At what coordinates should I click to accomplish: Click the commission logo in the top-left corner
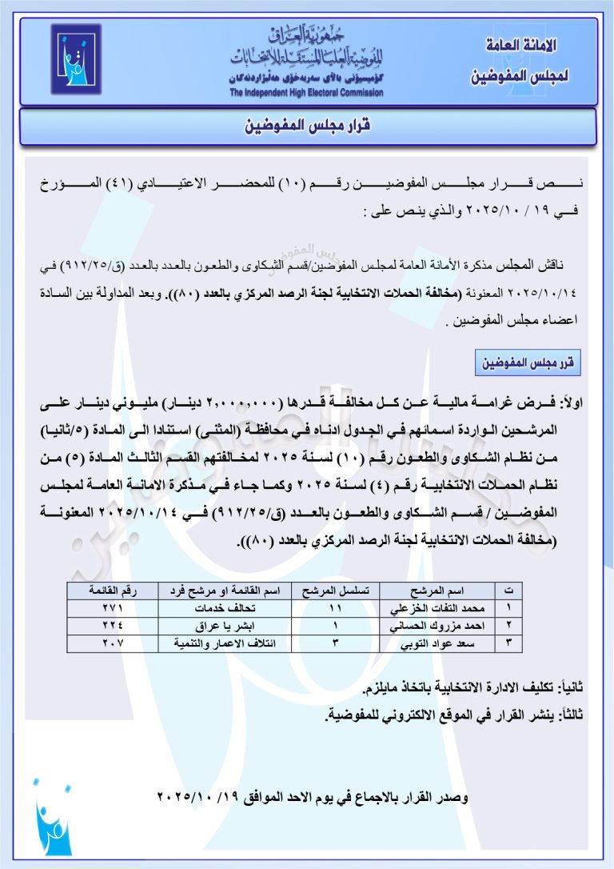click(x=76, y=59)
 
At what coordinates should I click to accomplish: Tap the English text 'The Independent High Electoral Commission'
click(x=306, y=93)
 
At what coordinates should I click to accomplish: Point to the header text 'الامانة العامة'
click(x=522, y=45)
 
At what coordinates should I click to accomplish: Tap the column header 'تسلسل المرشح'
click(x=334, y=591)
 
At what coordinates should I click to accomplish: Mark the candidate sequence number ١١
click(x=334, y=608)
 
